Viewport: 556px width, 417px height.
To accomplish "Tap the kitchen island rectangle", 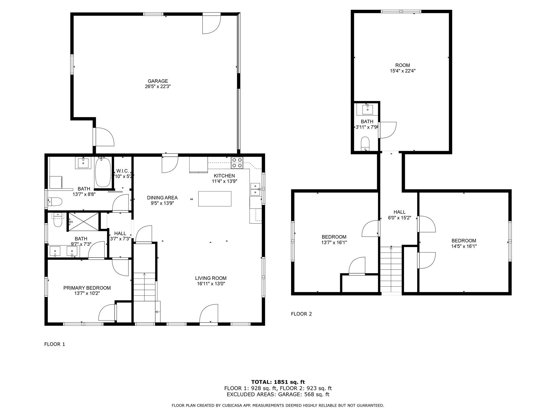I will [x=215, y=199].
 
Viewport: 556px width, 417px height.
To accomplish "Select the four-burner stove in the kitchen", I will [x=237, y=163].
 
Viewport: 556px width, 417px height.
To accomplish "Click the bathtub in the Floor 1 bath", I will [x=103, y=172].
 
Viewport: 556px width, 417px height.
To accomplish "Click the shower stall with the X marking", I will [x=83, y=222].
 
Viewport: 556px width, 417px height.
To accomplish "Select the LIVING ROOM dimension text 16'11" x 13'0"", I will [x=211, y=284].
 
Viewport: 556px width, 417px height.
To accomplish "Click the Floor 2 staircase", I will [x=391, y=270].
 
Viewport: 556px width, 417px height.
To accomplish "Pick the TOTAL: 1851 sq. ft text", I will [x=278, y=382].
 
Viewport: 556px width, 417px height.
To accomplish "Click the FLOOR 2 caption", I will [x=301, y=314].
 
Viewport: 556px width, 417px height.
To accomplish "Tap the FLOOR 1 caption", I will [x=55, y=344].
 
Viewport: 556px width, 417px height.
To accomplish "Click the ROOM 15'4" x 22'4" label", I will [x=402, y=68].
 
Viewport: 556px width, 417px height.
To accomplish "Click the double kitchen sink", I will [x=255, y=189].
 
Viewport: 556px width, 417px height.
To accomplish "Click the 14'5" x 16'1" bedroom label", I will [x=464, y=244].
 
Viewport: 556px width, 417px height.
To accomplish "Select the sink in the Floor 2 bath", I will [x=367, y=109].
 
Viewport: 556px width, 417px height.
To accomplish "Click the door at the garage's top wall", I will [x=211, y=24].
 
